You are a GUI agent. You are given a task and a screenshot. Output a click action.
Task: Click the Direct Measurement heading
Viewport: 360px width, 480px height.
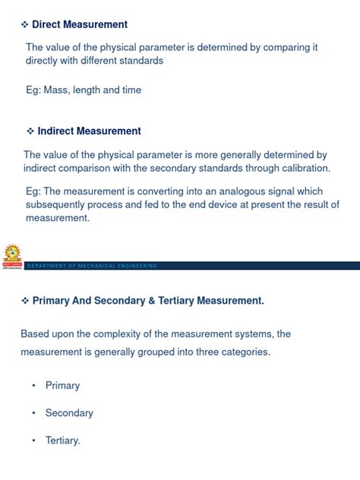[80, 25]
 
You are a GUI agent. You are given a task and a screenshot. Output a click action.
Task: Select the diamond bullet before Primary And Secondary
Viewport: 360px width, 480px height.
[24, 301]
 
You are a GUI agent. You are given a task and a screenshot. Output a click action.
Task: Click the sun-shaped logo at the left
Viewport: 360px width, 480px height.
[11, 255]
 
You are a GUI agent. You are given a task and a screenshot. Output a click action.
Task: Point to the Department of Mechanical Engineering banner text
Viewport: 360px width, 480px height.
[91, 265]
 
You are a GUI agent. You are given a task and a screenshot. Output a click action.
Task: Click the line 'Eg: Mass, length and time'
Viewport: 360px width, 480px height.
[84, 90]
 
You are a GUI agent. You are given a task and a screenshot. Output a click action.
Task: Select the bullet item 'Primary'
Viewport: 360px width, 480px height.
[62, 385]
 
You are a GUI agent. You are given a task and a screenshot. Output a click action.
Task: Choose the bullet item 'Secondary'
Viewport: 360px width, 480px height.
[69, 413]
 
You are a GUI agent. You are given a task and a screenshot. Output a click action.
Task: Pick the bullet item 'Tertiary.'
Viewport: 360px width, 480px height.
[63, 441]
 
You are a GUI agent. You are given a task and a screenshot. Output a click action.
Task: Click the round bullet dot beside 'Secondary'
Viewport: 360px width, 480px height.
[33, 413]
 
